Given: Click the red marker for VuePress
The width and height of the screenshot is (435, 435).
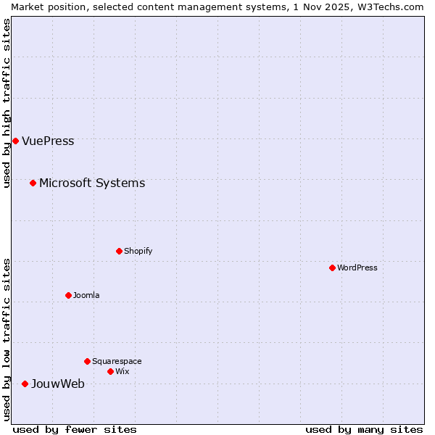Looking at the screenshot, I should [x=15, y=141].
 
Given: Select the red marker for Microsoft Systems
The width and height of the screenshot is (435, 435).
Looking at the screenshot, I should [x=33, y=183].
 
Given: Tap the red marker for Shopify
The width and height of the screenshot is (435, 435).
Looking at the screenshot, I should [x=119, y=251].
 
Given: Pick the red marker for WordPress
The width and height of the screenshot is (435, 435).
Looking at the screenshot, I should [x=332, y=268].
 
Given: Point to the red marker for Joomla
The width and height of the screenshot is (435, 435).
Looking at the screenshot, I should [x=68, y=295].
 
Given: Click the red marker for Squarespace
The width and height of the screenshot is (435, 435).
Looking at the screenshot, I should [x=87, y=361].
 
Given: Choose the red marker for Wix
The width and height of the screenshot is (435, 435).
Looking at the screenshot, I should [x=110, y=371].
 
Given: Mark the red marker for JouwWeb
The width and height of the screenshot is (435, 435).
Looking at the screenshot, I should [x=25, y=384].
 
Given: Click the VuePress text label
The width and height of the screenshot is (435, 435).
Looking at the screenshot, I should [x=48, y=141].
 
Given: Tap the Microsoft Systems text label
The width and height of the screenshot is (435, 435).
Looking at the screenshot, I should [x=92, y=183].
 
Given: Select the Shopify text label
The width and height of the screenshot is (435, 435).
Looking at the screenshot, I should [x=138, y=252].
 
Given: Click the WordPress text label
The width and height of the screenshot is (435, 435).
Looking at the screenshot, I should [x=357, y=268].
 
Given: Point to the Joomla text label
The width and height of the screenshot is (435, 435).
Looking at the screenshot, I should [x=86, y=296].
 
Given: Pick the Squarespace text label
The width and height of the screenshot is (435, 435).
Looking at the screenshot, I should [x=117, y=362].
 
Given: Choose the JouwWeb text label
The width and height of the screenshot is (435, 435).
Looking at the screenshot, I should [x=58, y=384].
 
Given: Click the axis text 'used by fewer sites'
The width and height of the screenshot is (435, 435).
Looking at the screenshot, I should [x=75, y=429].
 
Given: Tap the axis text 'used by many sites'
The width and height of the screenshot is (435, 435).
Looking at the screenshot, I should [x=364, y=429].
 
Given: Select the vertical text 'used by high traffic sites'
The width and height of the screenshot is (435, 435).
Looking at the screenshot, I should [x=7, y=103].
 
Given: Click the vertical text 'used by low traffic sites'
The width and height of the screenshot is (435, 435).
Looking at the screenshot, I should [x=7, y=339].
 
